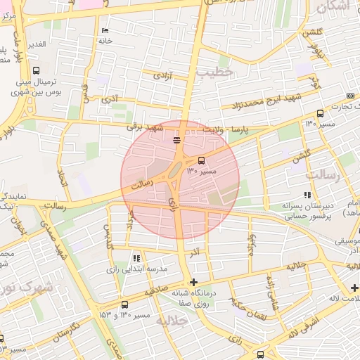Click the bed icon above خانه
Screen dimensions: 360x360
pos(105,30)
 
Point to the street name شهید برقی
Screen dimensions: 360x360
pos(144,127)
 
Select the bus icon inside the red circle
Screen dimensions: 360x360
pos(202,160)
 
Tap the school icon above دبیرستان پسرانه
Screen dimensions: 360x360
pos(307,195)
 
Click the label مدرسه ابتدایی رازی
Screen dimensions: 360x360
pos(136,269)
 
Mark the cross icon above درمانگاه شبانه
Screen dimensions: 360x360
pos(194,282)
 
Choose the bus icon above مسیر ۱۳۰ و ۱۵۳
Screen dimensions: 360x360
pos(124,305)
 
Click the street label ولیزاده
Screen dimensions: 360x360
pos(251,243)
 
